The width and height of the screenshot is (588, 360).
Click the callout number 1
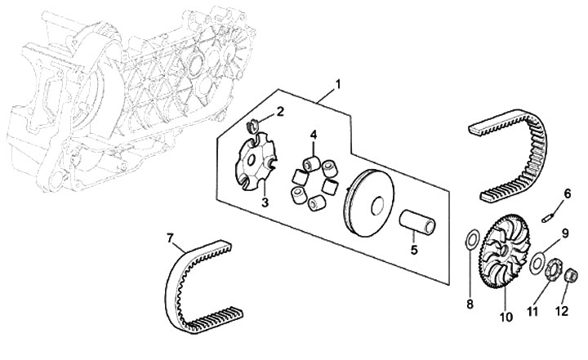pyautogui.click(x=337, y=85)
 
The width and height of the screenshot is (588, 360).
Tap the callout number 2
pyautogui.click(x=279, y=112)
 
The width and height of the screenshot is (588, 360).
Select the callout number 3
pyautogui.click(x=265, y=202)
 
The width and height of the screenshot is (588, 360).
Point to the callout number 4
pyautogui.click(x=313, y=134)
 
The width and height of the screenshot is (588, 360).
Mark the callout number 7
pyautogui.click(x=170, y=238)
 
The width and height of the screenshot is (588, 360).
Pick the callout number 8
pyautogui.click(x=470, y=304)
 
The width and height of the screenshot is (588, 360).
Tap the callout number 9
pyautogui.click(x=563, y=234)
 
